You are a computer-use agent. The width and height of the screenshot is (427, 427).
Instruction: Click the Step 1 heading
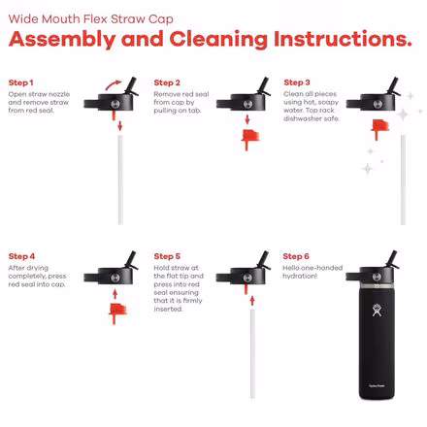(x=20, y=82)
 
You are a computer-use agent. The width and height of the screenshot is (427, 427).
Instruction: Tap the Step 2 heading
(x=167, y=82)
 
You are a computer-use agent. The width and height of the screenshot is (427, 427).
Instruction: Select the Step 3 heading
(x=297, y=82)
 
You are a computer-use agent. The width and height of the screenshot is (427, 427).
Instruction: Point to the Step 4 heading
(x=21, y=256)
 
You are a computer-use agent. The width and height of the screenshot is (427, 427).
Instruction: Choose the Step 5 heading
(x=167, y=256)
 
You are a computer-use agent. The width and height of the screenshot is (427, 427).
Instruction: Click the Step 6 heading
(x=296, y=256)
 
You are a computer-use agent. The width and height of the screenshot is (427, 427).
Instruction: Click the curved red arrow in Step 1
(x=113, y=85)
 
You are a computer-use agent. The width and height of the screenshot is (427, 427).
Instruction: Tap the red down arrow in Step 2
(x=247, y=119)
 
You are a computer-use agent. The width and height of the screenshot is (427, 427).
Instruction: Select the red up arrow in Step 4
(x=115, y=294)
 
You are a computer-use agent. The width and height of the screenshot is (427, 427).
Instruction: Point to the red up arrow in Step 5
(x=252, y=301)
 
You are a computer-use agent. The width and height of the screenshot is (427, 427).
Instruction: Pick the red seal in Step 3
(x=379, y=127)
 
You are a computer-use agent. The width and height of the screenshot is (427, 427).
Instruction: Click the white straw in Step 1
(x=120, y=180)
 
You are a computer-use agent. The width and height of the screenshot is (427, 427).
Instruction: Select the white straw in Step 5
(x=252, y=353)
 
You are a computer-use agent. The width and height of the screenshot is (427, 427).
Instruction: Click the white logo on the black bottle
(x=377, y=311)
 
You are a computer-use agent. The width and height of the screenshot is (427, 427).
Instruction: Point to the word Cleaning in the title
(x=218, y=40)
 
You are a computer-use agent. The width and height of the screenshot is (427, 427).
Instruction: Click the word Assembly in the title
(x=62, y=40)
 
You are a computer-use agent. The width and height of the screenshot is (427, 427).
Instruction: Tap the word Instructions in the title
(x=343, y=40)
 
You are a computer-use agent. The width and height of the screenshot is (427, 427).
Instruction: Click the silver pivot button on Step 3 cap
(x=378, y=104)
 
